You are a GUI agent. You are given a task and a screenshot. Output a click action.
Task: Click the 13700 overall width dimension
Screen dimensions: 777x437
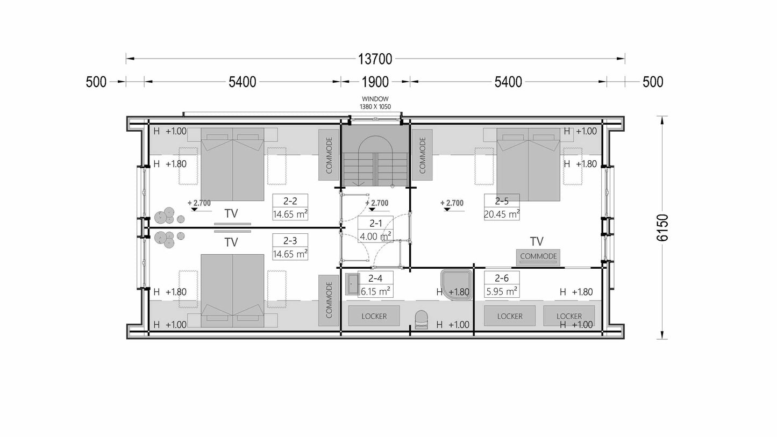click(x=375, y=59)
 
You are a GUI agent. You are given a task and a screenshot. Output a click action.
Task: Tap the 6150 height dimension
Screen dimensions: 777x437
click(x=662, y=227)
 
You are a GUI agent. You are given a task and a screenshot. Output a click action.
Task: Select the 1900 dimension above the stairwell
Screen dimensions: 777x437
click(x=375, y=82)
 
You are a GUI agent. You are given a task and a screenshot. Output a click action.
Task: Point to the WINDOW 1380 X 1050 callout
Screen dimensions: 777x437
click(x=375, y=103)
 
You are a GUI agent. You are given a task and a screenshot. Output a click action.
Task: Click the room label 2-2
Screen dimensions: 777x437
click(x=290, y=201)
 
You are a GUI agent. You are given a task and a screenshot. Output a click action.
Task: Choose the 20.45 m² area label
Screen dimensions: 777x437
click(x=502, y=214)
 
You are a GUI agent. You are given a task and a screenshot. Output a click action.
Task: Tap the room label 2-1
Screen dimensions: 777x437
click(x=375, y=223)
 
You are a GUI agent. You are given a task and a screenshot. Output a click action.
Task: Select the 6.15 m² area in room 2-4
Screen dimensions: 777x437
click(x=375, y=291)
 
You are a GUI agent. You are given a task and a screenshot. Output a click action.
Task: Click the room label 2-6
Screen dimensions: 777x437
click(x=502, y=278)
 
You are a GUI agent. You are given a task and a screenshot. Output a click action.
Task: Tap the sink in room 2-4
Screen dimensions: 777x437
click(x=352, y=284)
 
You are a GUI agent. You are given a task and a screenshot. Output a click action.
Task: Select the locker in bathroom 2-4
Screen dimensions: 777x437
click(x=374, y=316)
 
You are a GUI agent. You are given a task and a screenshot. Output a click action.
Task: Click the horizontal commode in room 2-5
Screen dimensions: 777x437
click(x=538, y=257)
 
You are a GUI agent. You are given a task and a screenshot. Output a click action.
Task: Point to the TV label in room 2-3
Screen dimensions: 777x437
click(x=231, y=242)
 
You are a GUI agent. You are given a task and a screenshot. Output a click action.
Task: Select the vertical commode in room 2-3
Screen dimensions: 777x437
click(x=329, y=300)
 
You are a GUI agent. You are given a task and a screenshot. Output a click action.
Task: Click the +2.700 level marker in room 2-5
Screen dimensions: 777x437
click(x=452, y=205)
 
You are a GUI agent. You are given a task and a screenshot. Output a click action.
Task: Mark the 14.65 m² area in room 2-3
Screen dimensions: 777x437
click(x=290, y=254)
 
